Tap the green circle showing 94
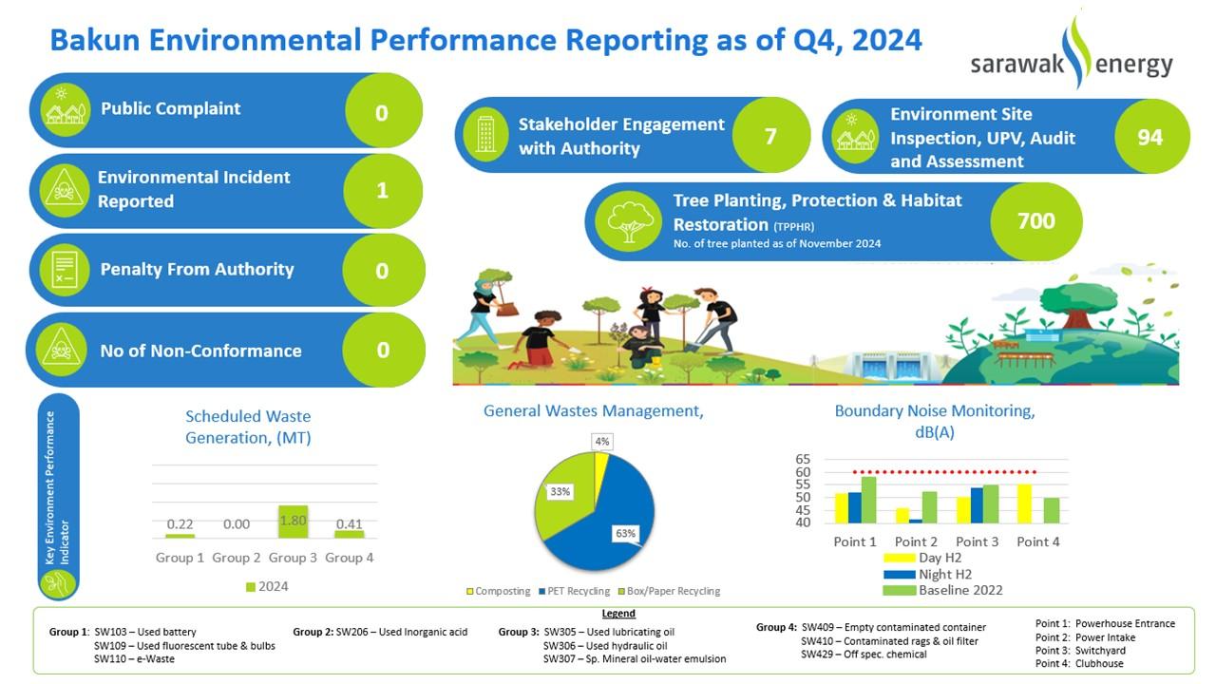(1149, 137)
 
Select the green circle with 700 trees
(1035, 221)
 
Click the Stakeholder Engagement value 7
(770, 136)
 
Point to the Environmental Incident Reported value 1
(382, 190)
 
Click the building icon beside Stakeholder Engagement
(485, 134)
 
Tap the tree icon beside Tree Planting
(628, 220)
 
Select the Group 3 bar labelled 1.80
(293, 522)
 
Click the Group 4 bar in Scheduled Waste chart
(350, 534)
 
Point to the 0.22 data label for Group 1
(180, 524)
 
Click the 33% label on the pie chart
(560, 491)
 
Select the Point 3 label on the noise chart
(978, 541)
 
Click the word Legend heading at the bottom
(618, 614)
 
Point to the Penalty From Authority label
(197, 270)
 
